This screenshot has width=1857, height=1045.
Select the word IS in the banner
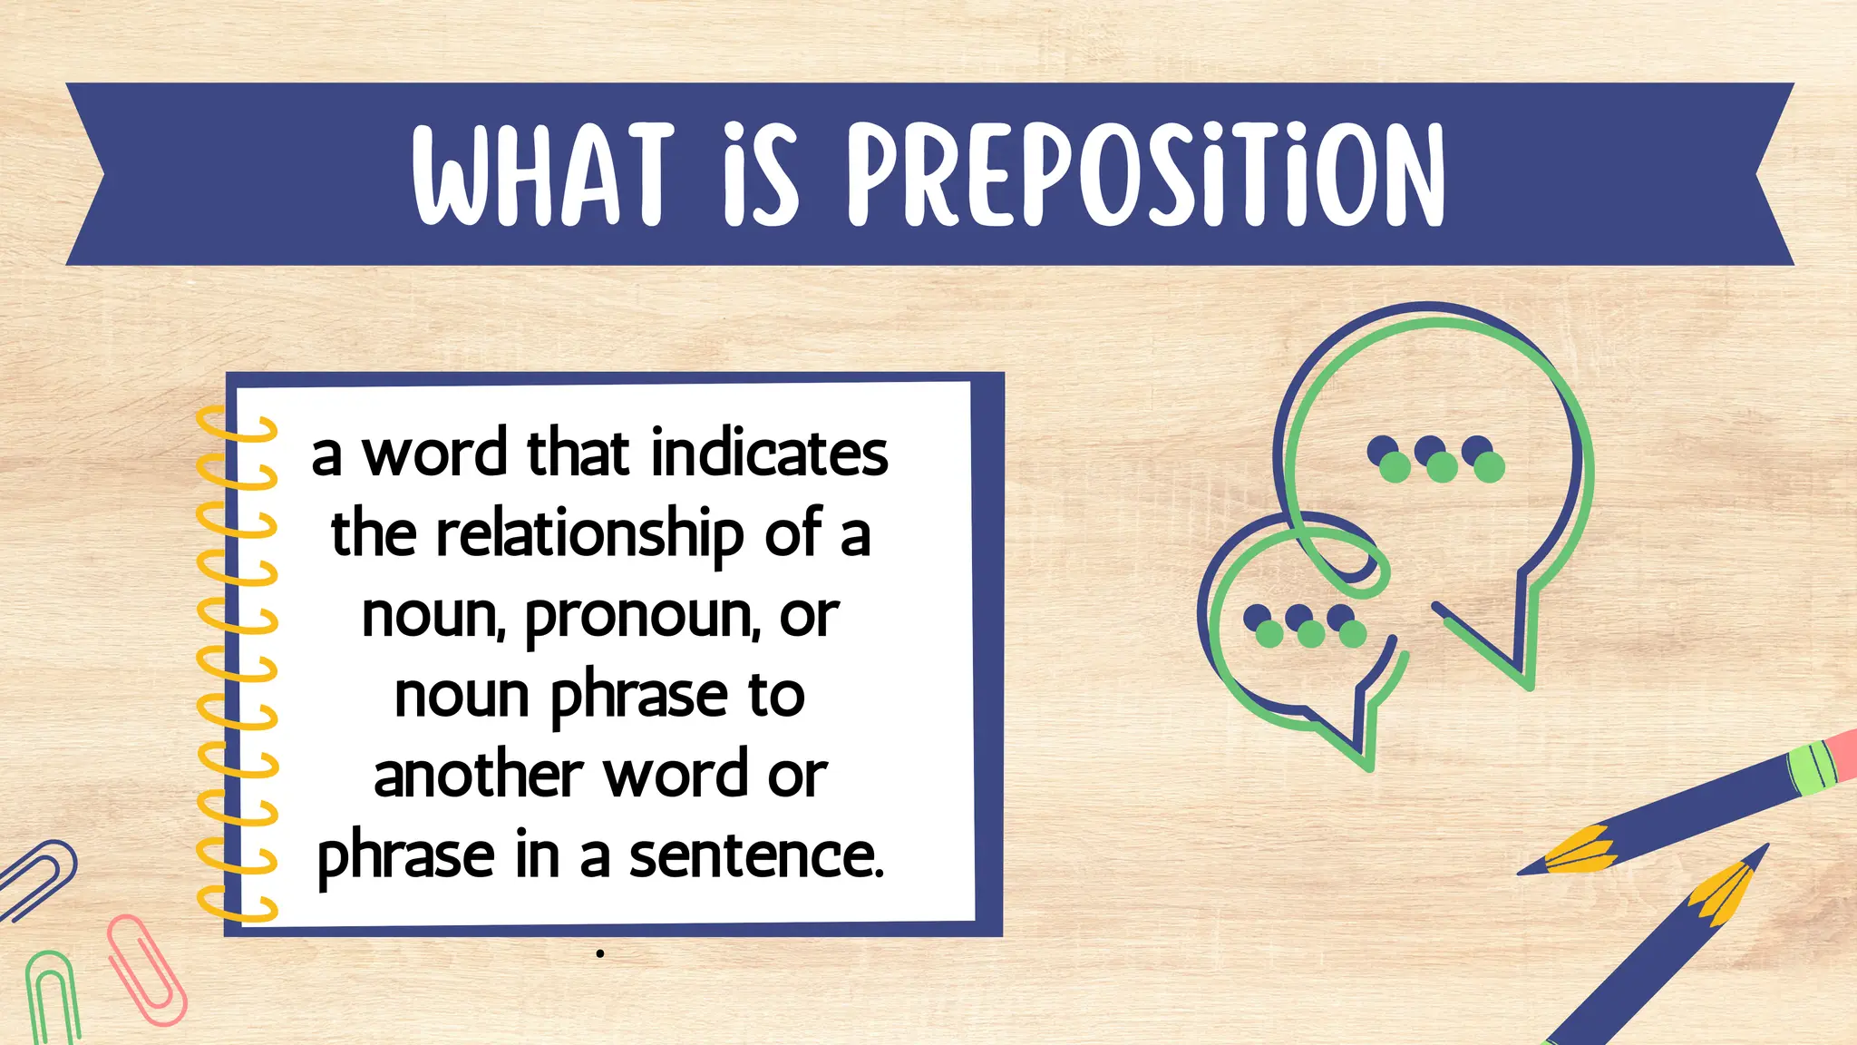762,174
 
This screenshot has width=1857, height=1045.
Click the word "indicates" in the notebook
770,453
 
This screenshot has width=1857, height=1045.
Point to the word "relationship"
590,535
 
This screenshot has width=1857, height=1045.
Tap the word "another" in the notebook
478,776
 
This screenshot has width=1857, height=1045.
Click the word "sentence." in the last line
756,855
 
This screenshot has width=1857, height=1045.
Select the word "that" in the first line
578,453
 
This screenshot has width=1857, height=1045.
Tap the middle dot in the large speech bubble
1436,459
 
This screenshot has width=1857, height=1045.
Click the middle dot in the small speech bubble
1305,626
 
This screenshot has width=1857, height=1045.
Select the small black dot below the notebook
600,953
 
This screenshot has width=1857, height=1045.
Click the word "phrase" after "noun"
639,697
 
